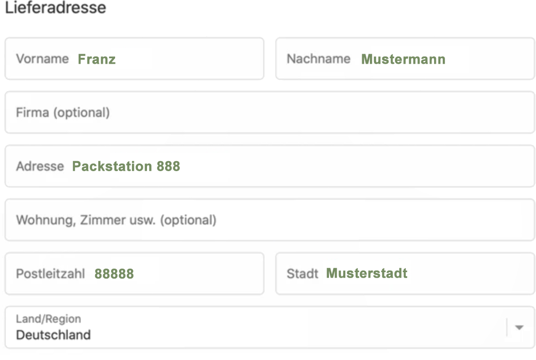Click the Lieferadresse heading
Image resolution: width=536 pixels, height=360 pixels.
56,8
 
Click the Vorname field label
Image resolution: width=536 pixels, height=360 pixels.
42,59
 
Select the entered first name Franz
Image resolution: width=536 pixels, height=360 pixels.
97,59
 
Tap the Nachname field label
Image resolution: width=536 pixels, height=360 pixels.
319,59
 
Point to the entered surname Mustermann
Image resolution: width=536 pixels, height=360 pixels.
404,59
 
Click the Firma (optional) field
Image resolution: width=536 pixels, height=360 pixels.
270,112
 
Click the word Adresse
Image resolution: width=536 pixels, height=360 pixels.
40,166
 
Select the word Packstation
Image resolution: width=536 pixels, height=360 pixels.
112,166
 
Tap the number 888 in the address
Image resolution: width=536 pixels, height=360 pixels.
168,166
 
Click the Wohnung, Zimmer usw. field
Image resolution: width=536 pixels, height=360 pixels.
270,220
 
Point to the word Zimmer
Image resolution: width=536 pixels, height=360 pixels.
103,220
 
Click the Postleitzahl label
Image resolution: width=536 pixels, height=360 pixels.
50,274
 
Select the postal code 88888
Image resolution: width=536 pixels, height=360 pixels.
114,274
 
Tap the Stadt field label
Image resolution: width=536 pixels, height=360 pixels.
303,274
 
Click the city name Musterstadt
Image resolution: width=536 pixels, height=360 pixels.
367,273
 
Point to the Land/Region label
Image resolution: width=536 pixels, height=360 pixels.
49,319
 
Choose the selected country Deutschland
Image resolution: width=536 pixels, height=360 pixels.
53,335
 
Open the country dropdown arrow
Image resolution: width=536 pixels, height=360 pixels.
519,328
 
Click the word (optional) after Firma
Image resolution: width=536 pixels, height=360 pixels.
81,112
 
